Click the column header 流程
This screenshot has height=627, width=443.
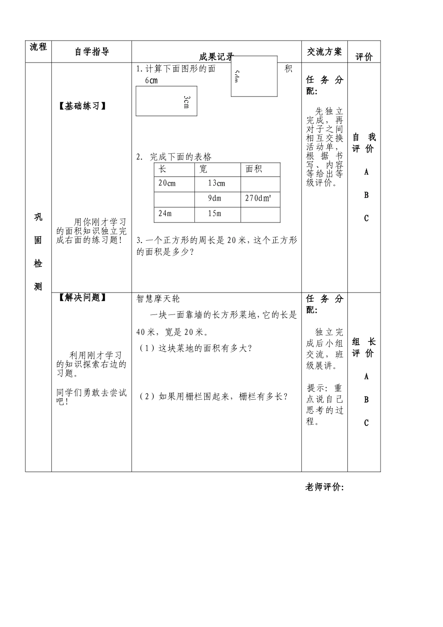pyautogui.click(x=38, y=47)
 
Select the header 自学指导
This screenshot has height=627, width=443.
pyautogui.click(x=92, y=52)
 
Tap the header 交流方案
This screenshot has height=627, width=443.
pyautogui.click(x=324, y=51)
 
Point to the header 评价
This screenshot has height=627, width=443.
pyautogui.click(x=364, y=57)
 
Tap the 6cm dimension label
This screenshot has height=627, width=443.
pyautogui.click(x=151, y=80)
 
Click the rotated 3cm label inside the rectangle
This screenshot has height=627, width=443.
pyautogui.click(x=186, y=102)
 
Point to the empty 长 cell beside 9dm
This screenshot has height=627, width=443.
pyautogui.click(x=174, y=199)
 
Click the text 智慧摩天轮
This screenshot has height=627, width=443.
pyautogui.click(x=158, y=299)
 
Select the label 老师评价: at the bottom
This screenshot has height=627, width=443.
pyautogui.click(x=325, y=488)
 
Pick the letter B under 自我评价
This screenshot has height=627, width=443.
pyautogui.click(x=367, y=195)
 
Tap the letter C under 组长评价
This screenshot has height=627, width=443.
pyautogui.click(x=367, y=423)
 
